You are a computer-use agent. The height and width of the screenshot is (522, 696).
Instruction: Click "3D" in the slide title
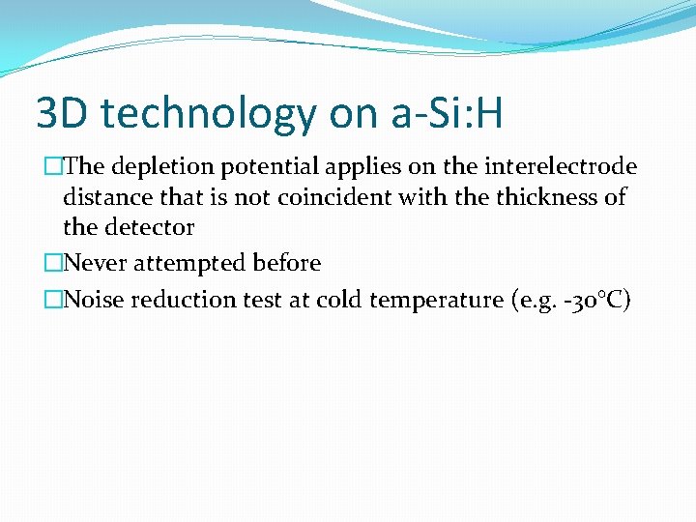[x=62, y=114]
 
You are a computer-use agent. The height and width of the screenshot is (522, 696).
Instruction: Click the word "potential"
[x=265, y=167]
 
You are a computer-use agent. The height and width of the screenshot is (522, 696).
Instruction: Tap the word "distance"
[x=103, y=198]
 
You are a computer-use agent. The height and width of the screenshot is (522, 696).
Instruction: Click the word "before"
[x=284, y=263]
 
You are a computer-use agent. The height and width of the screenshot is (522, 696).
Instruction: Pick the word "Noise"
[x=94, y=300]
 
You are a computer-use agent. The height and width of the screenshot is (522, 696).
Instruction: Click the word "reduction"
[x=175, y=300]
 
